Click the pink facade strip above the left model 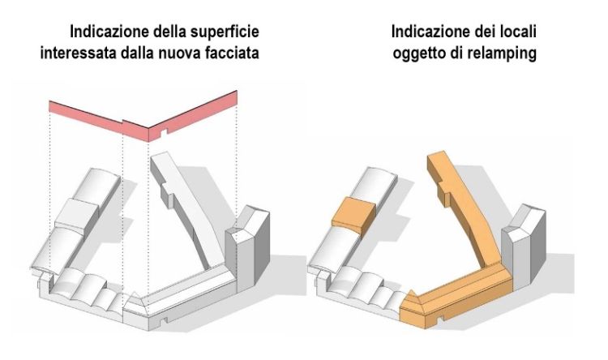[x=143, y=119]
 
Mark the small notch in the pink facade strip [x=164, y=132]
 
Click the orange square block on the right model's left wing [x=353, y=216]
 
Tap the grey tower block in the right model [x=524, y=248]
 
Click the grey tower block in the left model [x=247, y=249]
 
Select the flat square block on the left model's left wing [x=77, y=217]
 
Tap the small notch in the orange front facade [x=439, y=319]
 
